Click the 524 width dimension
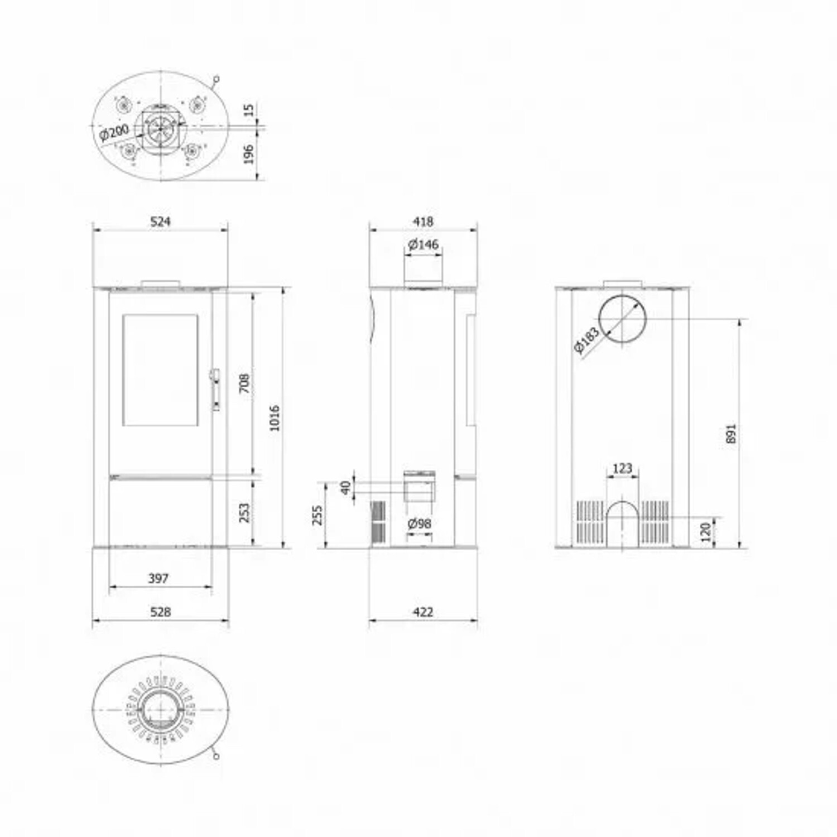(x=160, y=221)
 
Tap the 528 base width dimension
(x=160, y=612)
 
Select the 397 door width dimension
(x=158, y=578)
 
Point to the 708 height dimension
(x=244, y=383)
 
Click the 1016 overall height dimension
(x=275, y=418)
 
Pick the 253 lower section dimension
(x=244, y=513)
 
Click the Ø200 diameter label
(x=114, y=133)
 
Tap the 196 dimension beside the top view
(x=249, y=155)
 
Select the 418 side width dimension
(x=423, y=221)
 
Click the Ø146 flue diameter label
(x=424, y=244)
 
